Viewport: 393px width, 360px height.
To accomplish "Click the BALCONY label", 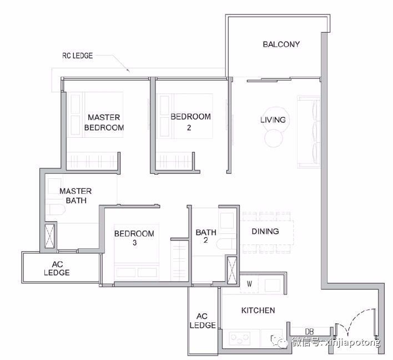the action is pyautogui.click(x=281, y=44).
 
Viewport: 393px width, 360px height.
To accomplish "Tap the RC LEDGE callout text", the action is pyautogui.click(x=78, y=56).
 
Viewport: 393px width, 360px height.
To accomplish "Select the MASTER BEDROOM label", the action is pyautogui.click(x=104, y=122).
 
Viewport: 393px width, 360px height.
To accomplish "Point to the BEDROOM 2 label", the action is pyautogui.click(x=190, y=122).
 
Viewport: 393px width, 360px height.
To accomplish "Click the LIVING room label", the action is pyautogui.click(x=273, y=119).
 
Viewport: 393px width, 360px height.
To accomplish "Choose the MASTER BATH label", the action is pyautogui.click(x=75, y=196).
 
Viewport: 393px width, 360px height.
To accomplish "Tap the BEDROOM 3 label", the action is pyautogui.click(x=134, y=238).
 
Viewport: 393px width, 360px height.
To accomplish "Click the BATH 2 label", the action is pyautogui.click(x=206, y=236).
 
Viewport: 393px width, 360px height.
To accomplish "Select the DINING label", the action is pyautogui.click(x=265, y=231).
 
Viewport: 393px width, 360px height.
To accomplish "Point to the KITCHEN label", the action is pyautogui.click(x=258, y=311).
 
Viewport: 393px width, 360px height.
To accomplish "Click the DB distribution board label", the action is pyautogui.click(x=309, y=332).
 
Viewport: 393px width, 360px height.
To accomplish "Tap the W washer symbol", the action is pyautogui.click(x=249, y=284).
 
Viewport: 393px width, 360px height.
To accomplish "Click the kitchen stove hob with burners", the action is pyautogui.click(x=240, y=338).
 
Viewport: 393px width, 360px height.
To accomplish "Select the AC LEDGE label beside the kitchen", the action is pyautogui.click(x=203, y=321).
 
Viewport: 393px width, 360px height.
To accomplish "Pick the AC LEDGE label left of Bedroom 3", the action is pyautogui.click(x=57, y=268).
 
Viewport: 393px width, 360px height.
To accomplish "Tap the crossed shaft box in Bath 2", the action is pyautogui.click(x=232, y=269).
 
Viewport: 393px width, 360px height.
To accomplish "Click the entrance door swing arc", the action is pyautogui.click(x=351, y=318).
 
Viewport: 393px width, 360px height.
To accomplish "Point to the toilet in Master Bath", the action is pyautogui.click(x=56, y=209).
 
